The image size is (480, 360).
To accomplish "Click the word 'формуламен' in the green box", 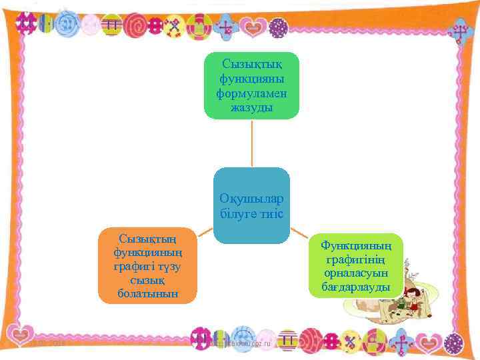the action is click(251, 93).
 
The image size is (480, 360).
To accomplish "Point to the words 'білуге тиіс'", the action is click(251, 214).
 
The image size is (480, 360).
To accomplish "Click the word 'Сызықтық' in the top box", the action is click(251, 64).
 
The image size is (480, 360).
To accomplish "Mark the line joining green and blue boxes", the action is click(251, 143).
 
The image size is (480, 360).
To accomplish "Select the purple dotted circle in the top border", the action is click(279, 27).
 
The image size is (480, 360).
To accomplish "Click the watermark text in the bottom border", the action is click(240, 342).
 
